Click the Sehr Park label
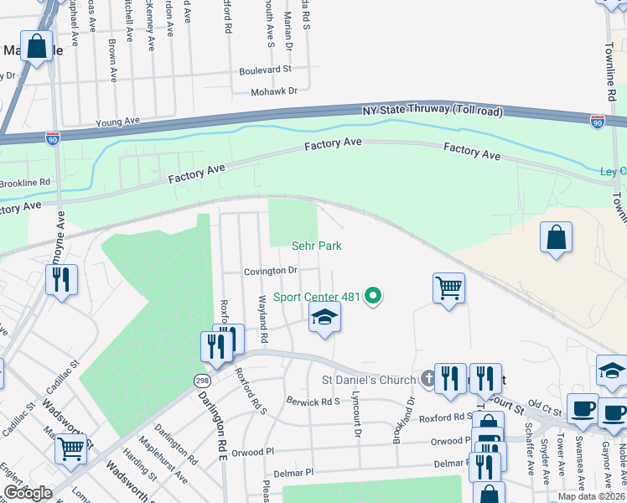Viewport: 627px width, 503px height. click(317, 246)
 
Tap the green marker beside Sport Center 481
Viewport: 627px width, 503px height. click(375, 297)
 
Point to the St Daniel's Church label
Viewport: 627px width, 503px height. click(369, 380)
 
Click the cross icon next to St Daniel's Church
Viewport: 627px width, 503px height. click(428, 380)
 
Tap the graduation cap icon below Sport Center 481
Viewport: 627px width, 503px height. click(324, 317)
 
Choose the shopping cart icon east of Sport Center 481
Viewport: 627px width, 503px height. click(449, 288)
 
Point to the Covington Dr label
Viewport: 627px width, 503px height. click(271, 271)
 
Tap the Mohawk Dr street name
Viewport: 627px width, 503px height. click(275, 90)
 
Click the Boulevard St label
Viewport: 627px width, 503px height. click(265, 70)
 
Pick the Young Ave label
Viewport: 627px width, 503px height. click(117, 122)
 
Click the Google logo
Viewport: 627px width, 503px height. click(27, 493)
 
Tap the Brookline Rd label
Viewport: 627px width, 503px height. click(27, 181)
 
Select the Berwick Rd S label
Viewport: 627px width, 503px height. click(313, 402)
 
